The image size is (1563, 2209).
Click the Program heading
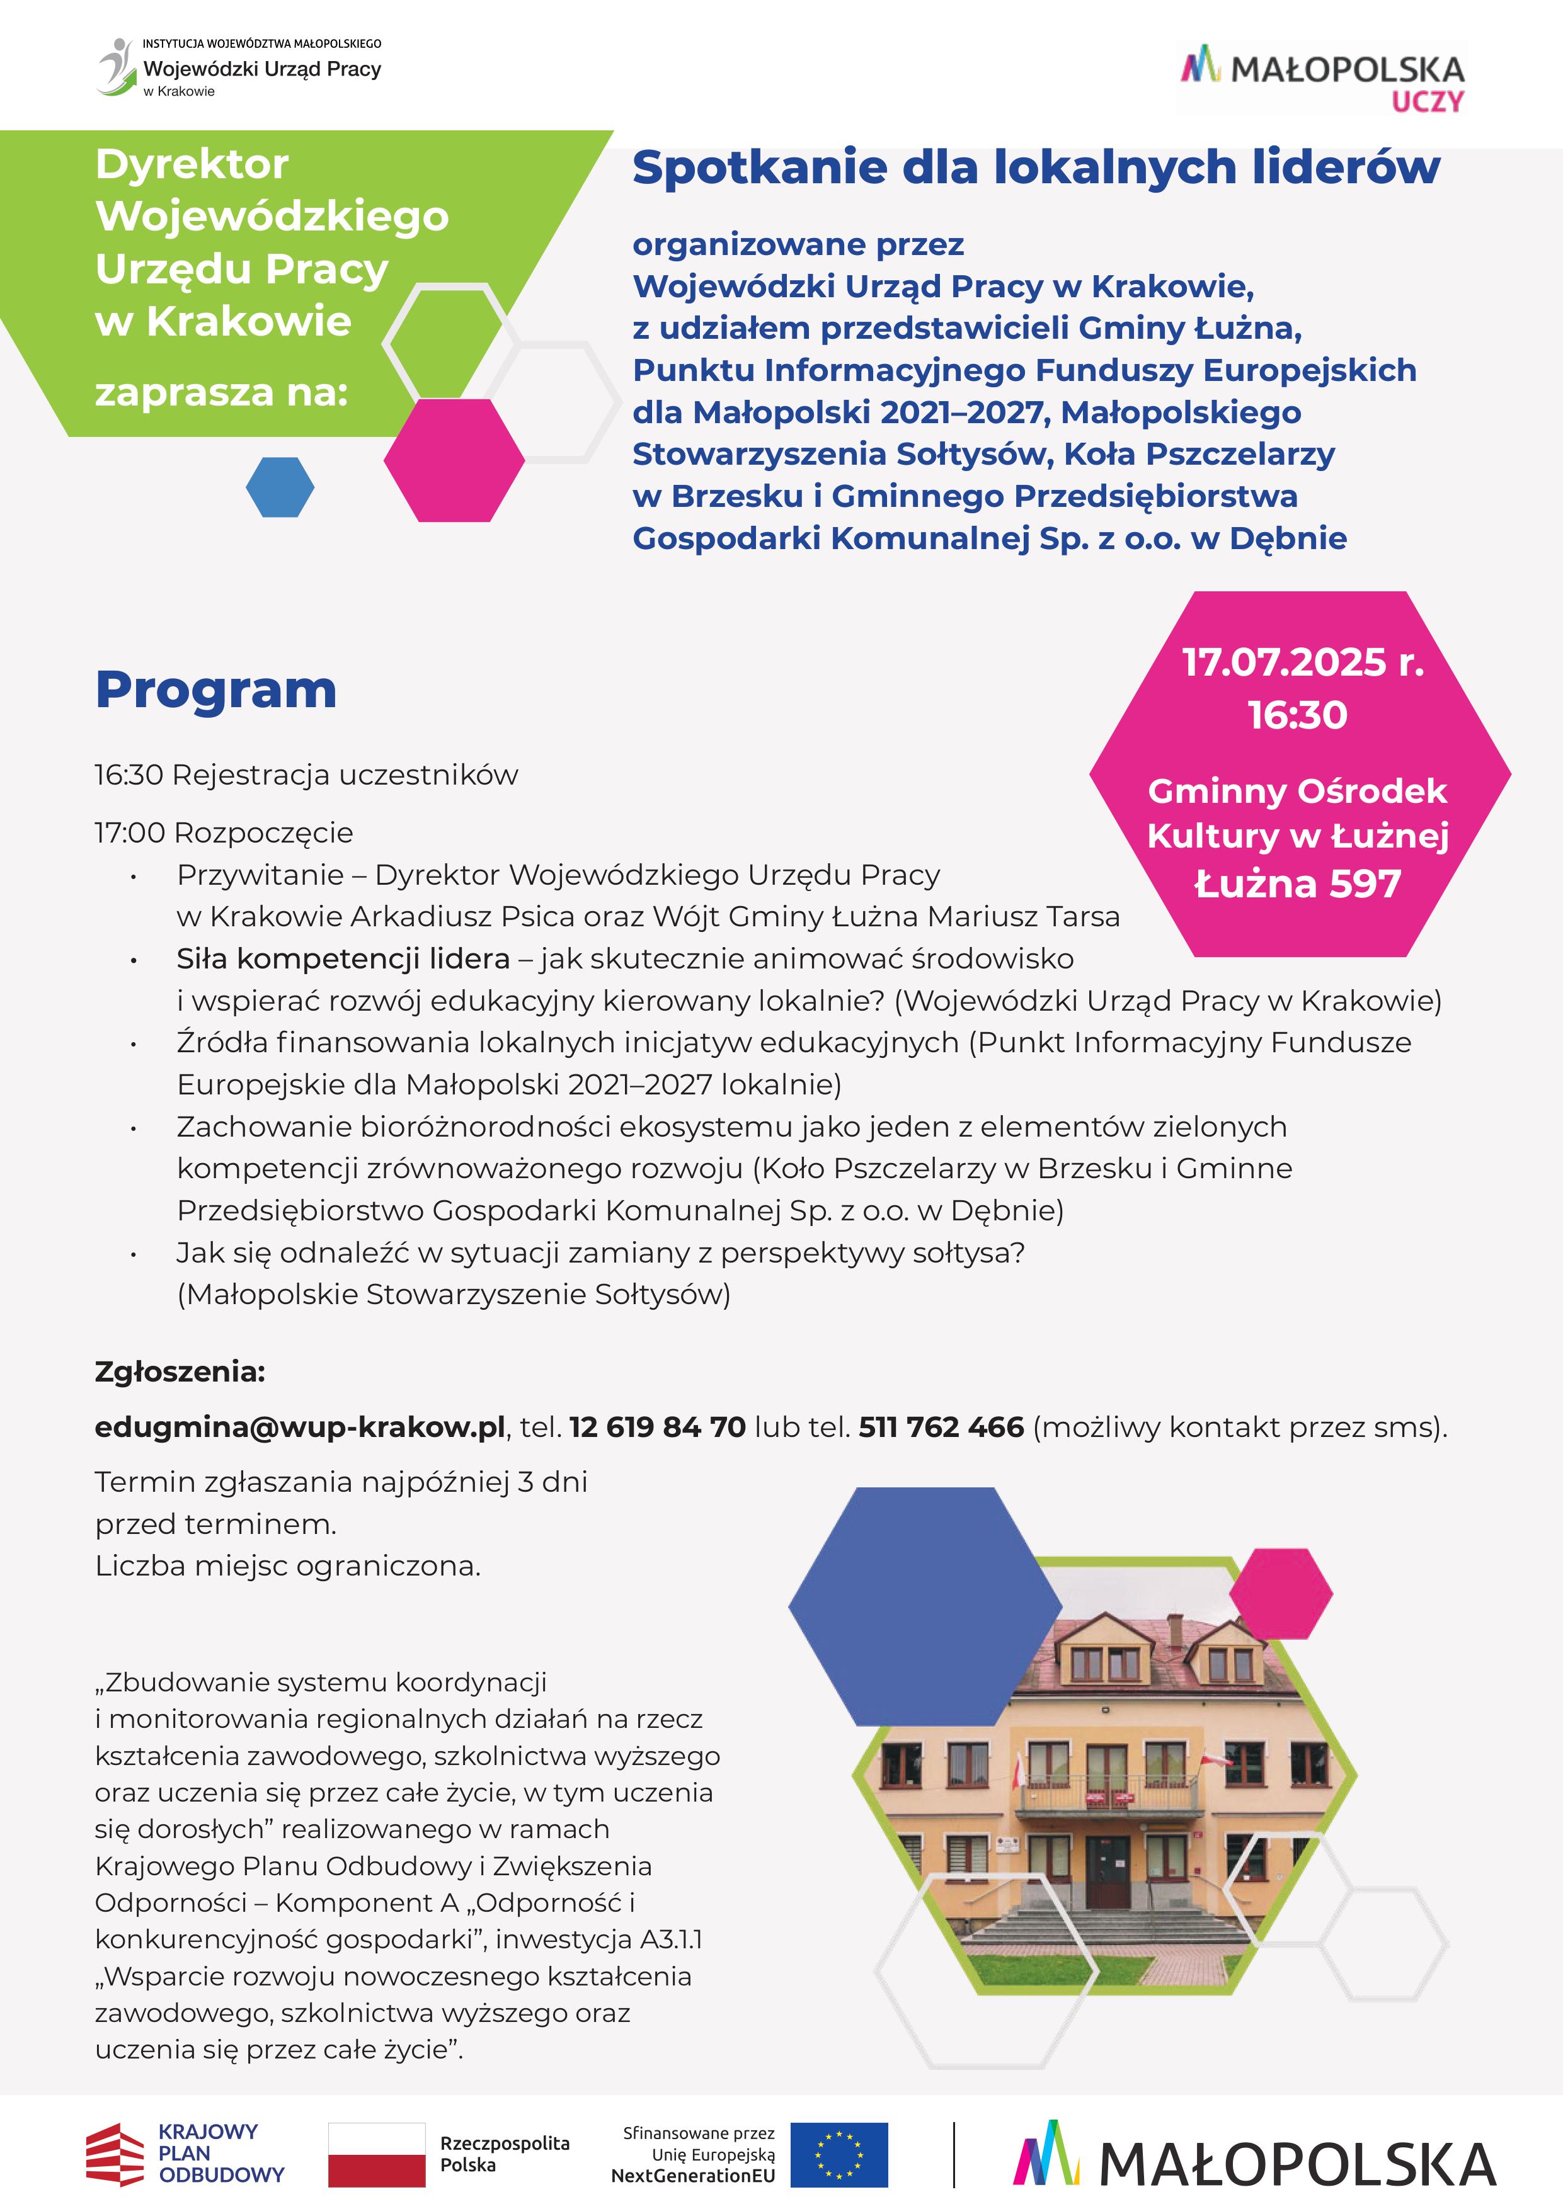pyautogui.click(x=215, y=690)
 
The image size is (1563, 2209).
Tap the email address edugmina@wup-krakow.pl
pyautogui.click(x=299, y=1427)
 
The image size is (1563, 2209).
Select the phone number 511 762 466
pyautogui.click(x=941, y=1427)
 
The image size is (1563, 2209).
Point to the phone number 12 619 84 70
pyautogui.click(x=657, y=1427)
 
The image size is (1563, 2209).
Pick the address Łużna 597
pyautogui.click(x=1297, y=883)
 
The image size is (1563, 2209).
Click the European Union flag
pyautogui.click(x=839, y=2155)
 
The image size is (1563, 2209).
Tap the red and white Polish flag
pyautogui.click(x=376, y=2155)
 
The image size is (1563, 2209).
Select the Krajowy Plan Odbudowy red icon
pyautogui.click(x=115, y=2155)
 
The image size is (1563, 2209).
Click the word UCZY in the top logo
pyautogui.click(x=1428, y=102)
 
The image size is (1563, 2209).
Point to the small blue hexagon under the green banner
pyautogui.click(x=280, y=487)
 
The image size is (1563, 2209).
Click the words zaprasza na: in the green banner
pyautogui.click(x=221, y=392)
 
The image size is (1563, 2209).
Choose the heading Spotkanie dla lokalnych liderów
pyautogui.click(x=1036, y=168)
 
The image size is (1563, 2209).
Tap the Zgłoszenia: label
pyautogui.click(x=180, y=1371)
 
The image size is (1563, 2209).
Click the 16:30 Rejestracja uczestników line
pyautogui.click(x=306, y=775)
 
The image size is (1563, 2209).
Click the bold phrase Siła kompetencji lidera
pyautogui.click(x=343, y=958)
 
